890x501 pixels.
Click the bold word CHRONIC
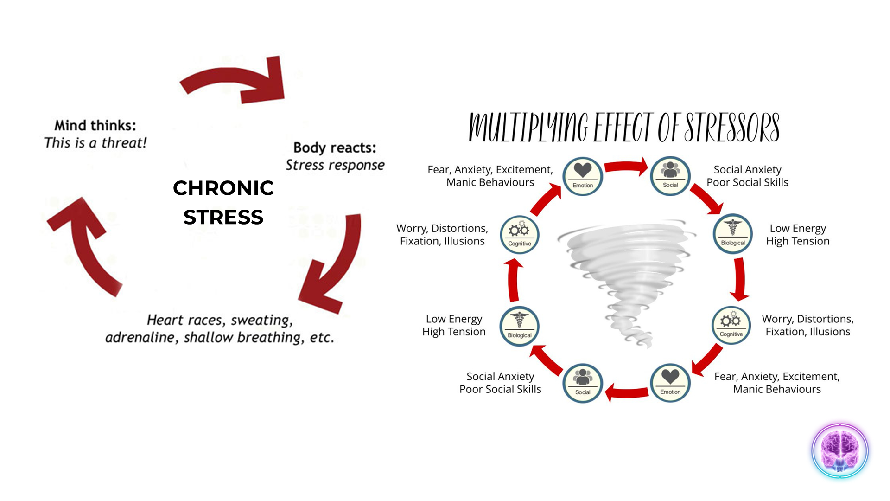click(x=223, y=188)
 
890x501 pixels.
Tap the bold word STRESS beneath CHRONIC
click(x=223, y=217)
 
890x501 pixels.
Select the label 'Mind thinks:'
click(x=95, y=125)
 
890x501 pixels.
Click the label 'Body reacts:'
click(x=335, y=148)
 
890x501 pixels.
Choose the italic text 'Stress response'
click(x=335, y=165)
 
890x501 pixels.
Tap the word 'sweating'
click(x=261, y=320)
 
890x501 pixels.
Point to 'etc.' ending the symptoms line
click(x=322, y=338)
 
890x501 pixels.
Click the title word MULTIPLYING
click(x=528, y=127)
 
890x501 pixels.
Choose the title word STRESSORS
click(x=732, y=127)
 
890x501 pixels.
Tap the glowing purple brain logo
click(x=839, y=450)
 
